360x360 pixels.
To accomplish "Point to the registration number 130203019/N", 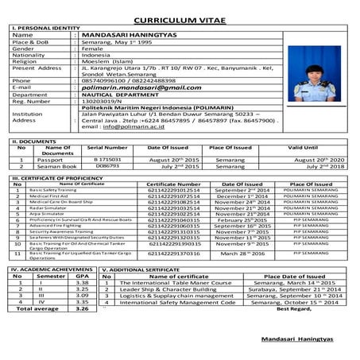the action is (x=99, y=101).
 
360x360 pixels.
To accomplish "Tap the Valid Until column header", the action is (x=303, y=148).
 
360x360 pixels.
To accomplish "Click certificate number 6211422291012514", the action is (x=174, y=191).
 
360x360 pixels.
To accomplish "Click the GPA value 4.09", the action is (x=81, y=295).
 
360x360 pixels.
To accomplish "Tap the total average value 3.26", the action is (x=81, y=308).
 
